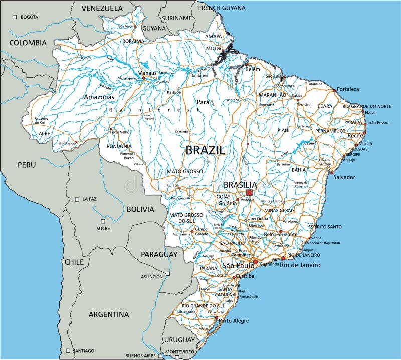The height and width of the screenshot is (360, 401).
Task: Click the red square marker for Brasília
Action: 249,192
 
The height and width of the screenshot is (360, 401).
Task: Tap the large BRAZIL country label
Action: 206,150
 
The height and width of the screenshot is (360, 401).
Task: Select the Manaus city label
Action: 147,73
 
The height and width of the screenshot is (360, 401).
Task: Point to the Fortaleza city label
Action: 348,89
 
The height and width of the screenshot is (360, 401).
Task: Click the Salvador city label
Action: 344,177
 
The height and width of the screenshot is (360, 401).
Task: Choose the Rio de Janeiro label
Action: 300,265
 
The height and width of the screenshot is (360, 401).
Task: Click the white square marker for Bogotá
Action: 17,17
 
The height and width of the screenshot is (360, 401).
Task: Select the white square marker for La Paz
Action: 77,199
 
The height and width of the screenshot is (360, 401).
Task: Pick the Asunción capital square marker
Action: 168,273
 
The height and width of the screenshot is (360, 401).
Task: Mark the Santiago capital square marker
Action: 68,350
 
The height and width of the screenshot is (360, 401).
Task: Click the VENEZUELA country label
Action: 102,8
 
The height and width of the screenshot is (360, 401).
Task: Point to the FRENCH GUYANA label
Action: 222,8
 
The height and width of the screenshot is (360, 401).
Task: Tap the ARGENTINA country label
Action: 108,315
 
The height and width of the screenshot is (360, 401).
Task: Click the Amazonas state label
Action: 99,97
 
